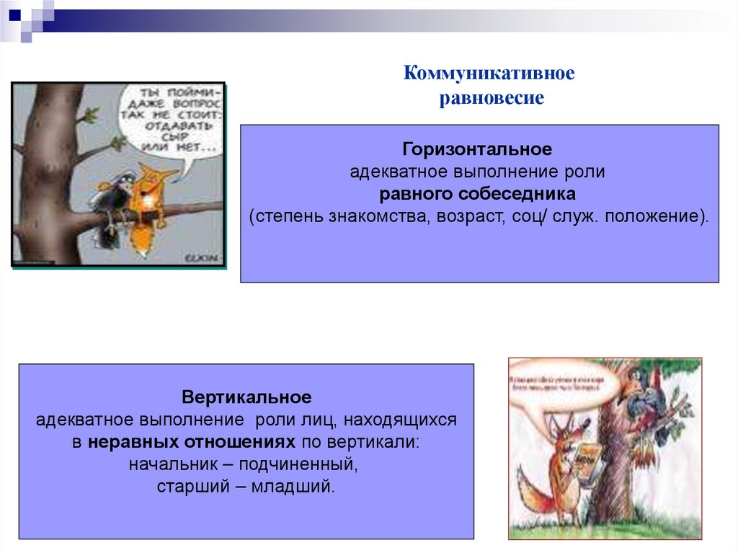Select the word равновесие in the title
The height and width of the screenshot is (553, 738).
pos(492,98)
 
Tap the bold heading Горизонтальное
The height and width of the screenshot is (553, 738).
pos(477,150)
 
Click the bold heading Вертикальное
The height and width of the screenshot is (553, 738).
pos(246,397)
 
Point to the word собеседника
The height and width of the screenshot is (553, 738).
pos(531,194)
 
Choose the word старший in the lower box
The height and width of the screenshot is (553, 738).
pos(191,487)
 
